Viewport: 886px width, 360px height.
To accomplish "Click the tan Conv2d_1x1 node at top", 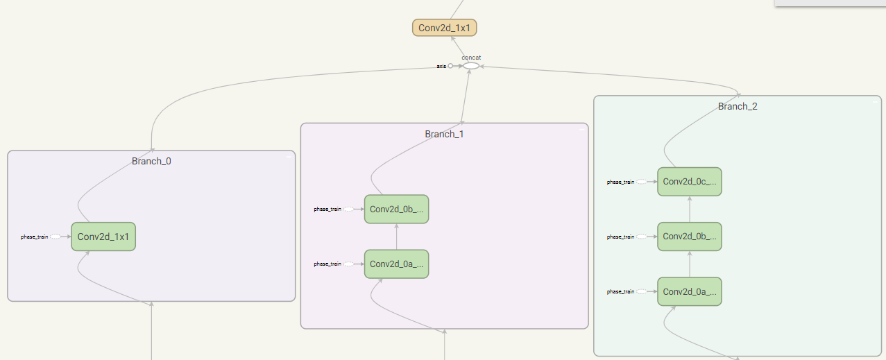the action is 444,28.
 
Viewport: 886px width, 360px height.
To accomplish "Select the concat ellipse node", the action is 471,66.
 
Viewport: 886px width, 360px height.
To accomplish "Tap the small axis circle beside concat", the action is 450,66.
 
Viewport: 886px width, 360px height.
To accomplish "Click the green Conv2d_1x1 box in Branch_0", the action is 103,237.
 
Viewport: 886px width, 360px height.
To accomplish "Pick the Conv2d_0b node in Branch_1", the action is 396,209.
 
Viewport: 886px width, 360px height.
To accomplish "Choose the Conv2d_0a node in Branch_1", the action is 396,264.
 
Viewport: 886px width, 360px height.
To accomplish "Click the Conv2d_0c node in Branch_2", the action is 690,182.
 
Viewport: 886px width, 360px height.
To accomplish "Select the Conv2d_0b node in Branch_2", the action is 690,237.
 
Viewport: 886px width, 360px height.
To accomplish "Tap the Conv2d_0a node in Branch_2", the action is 690,291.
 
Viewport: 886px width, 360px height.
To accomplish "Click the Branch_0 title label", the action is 151,161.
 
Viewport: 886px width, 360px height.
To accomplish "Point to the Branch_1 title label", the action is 444,134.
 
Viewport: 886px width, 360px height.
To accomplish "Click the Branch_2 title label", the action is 738,106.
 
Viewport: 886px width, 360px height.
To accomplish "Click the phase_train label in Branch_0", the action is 35,237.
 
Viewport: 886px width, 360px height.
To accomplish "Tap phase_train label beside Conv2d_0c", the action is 620,182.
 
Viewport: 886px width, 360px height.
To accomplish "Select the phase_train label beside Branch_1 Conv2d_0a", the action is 327,264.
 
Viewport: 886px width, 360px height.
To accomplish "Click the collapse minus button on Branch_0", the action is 289,157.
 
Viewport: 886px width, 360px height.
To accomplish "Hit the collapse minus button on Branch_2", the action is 875,102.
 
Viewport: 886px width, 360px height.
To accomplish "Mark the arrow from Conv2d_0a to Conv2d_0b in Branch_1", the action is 396,237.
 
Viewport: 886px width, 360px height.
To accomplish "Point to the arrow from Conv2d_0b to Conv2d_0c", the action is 690,209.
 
